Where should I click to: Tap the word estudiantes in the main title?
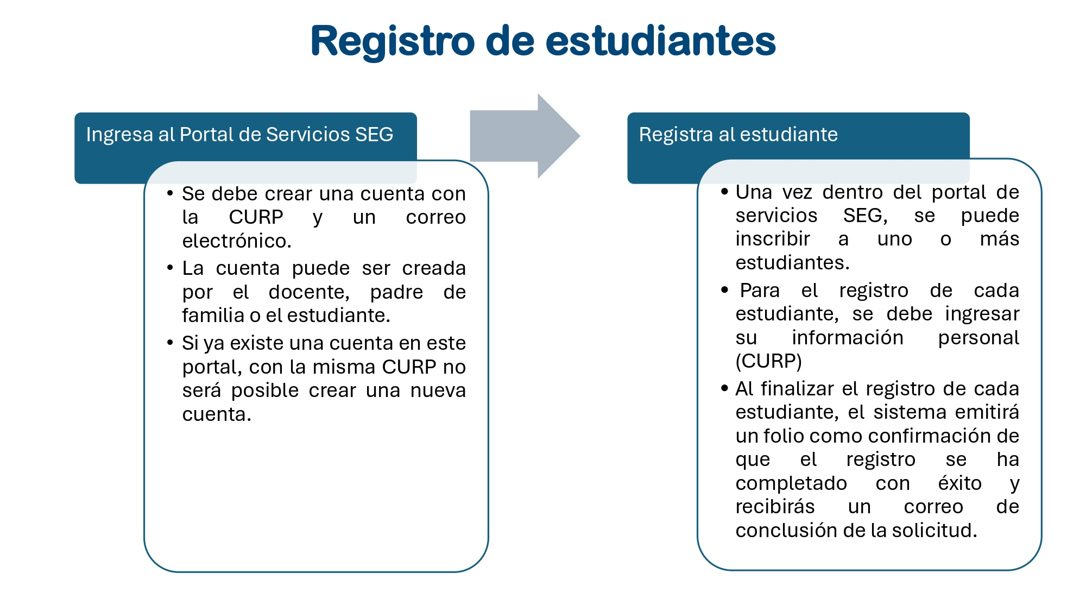click(660, 41)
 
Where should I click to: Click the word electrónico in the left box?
click(237, 241)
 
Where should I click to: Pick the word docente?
click(309, 292)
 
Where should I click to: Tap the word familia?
click(213, 316)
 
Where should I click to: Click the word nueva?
click(438, 390)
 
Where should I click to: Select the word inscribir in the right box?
click(773, 239)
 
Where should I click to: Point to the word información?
click(847, 338)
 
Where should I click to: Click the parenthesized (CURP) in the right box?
click(768, 361)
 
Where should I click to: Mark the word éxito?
click(959, 483)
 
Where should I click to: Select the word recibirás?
click(775, 507)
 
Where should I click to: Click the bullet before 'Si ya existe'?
click(170, 343)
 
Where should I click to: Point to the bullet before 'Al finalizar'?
click(724, 388)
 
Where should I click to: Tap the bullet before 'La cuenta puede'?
click(170, 268)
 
